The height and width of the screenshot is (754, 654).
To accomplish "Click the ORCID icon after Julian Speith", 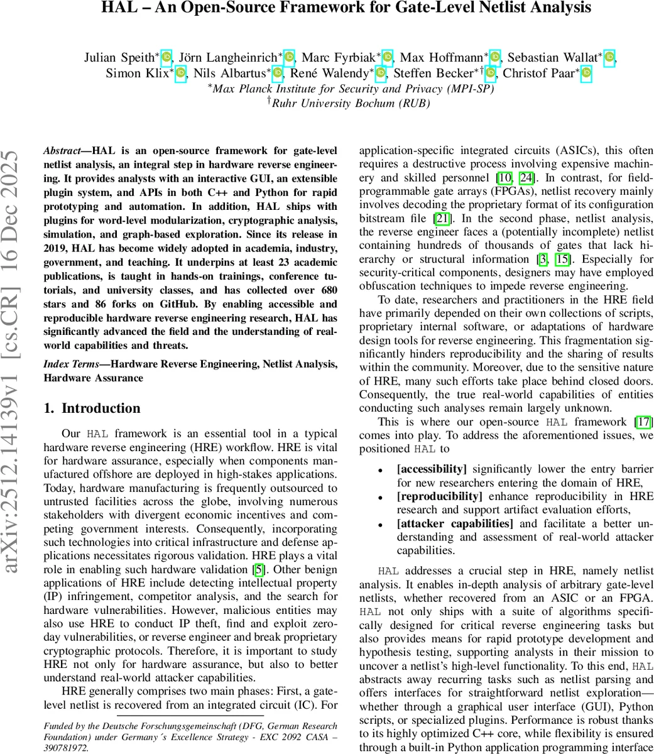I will click(x=166, y=58).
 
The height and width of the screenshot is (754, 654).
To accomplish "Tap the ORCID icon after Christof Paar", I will click(x=586, y=74).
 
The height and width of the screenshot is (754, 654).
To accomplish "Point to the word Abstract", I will click(x=62, y=151).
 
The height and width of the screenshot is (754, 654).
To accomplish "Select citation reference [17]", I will click(x=643, y=422).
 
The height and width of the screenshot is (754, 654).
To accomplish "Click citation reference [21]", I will click(x=442, y=218).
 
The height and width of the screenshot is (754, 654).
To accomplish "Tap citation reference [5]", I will click(x=258, y=570).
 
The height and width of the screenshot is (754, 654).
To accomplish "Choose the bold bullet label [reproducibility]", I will click(x=437, y=496).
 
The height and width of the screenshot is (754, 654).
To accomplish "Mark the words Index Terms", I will click(x=67, y=364).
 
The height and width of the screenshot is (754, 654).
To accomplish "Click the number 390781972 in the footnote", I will click(x=65, y=748).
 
